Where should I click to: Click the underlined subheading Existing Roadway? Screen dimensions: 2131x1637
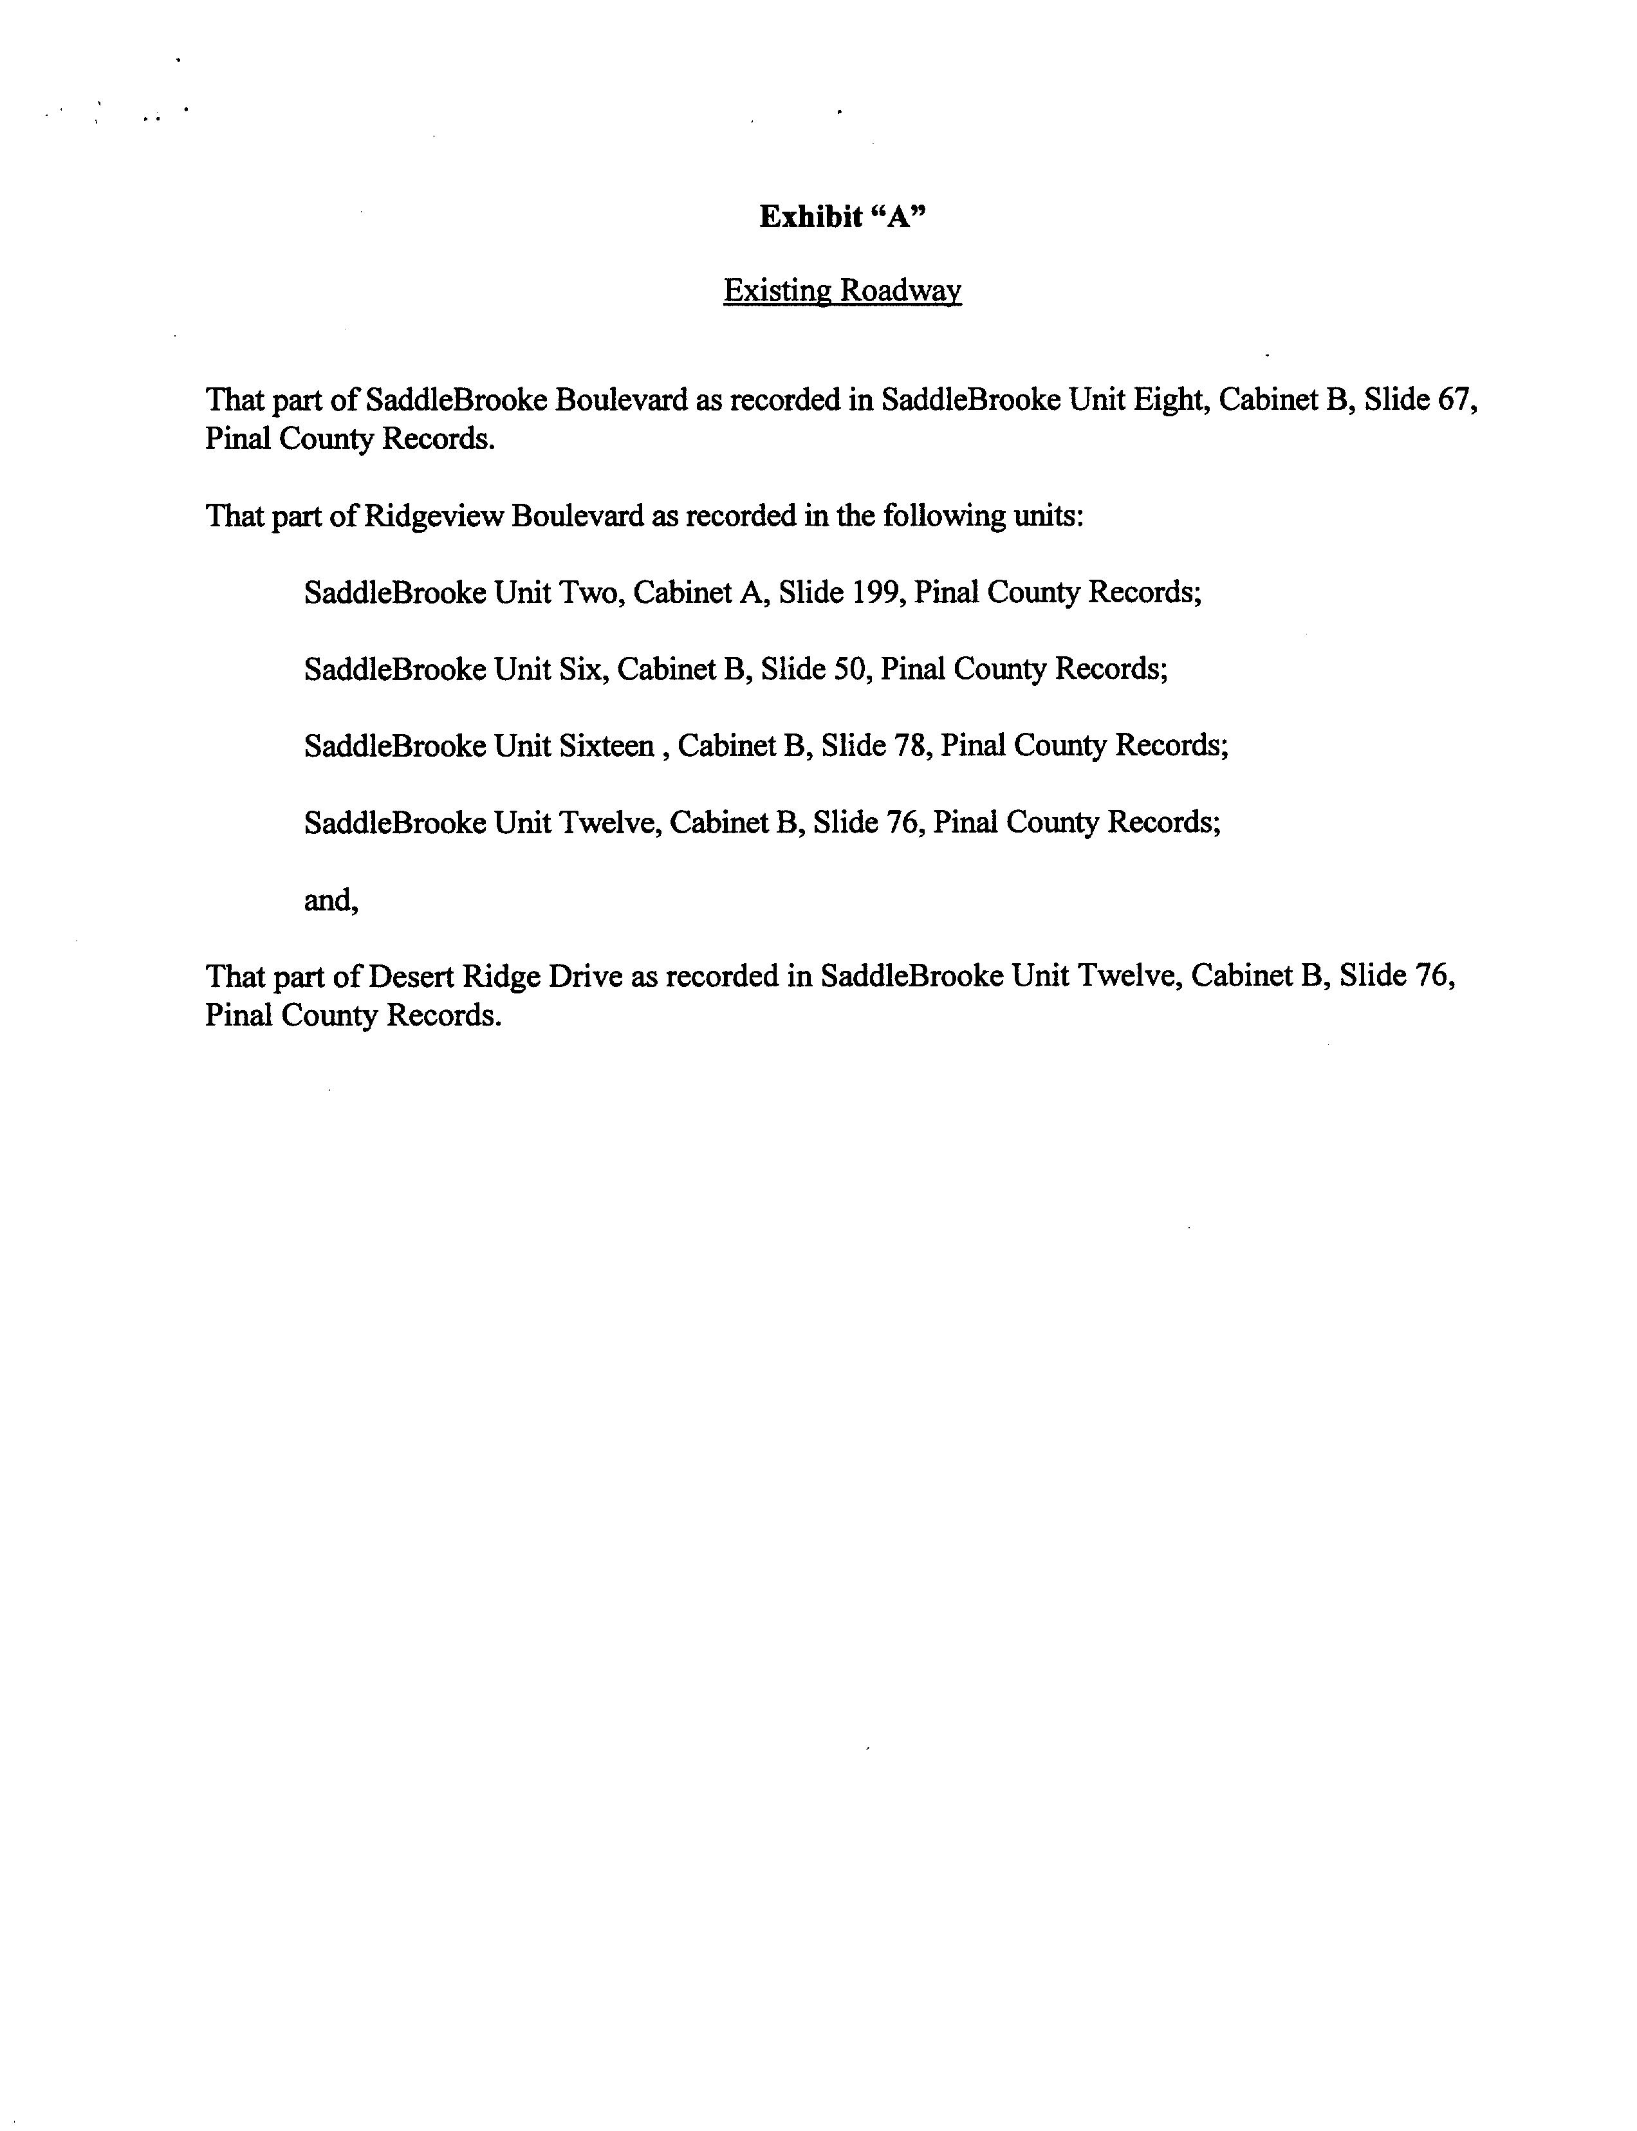pos(842,290)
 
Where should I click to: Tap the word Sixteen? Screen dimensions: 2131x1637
pos(606,746)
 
